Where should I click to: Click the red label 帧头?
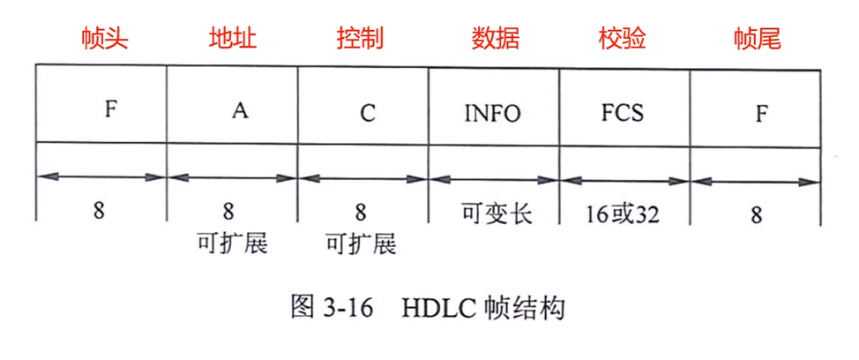pyautogui.click(x=101, y=38)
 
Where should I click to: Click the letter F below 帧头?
pyautogui.click(x=110, y=112)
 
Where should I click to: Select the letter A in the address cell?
pyautogui.click(x=239, y=112)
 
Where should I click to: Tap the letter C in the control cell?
pyautogui.click(x=368, y=113)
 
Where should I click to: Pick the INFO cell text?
pyautogui.click(x=493, y=113)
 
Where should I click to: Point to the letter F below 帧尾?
pyautogui.click(x=760, y=113)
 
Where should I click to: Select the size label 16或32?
pyautogui.click(x=624, y=214)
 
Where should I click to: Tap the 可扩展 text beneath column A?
pyautogui.click(x=232, y=244)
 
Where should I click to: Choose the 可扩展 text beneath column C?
pyautogui.click(x=362, y=244)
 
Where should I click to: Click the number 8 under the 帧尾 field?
pyautogui.click(x=755, y=214)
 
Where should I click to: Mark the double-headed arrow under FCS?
pyautogui.click(x=624, y=179)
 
